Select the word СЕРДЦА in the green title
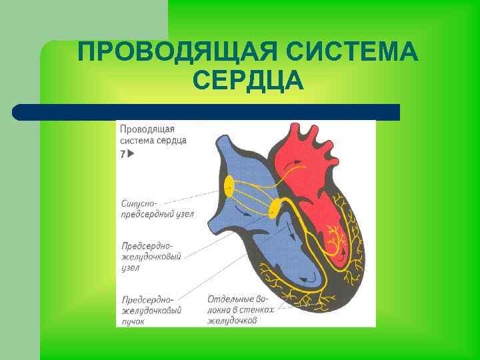[248, 81]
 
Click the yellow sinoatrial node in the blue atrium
[229, 185]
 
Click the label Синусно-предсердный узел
[158, 206]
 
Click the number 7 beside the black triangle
[123, 154]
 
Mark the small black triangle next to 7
[131, 154]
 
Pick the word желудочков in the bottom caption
[233, 320]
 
